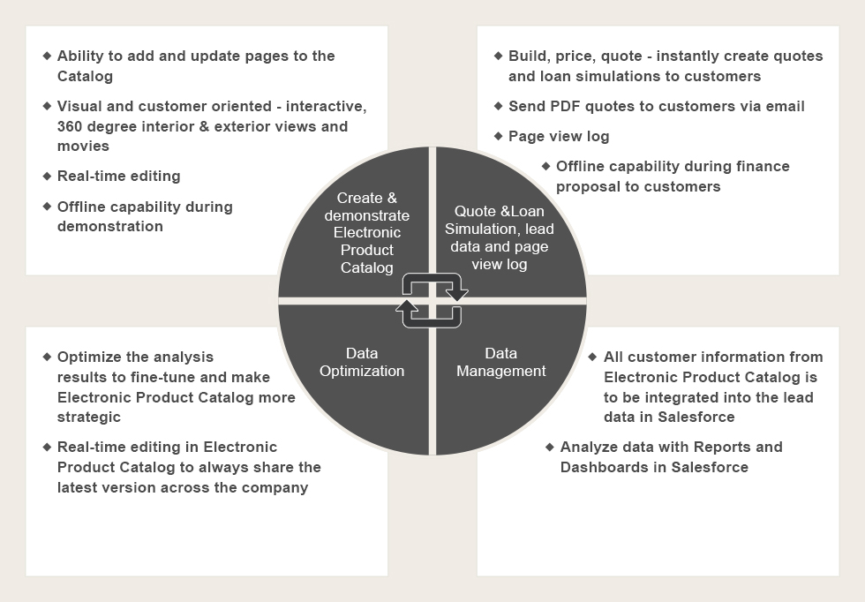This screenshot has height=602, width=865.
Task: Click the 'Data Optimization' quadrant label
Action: [362, 362]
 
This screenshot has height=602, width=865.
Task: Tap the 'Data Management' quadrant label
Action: [501, 362]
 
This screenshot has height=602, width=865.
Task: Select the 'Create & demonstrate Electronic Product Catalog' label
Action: [367, 232]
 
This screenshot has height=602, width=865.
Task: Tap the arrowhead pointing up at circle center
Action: [407, 307]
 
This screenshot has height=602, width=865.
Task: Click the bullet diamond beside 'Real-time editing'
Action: [47, 176]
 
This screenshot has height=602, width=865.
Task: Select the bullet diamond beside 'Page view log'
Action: [498, 136]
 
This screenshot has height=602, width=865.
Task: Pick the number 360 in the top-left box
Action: [70, 126]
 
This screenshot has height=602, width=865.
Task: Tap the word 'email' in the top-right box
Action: [784, 106]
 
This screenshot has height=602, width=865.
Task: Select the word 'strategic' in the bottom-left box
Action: [89, 418]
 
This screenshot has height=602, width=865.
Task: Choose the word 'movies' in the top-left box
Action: [83, 147]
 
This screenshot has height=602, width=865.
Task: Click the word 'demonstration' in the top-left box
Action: [110, 226]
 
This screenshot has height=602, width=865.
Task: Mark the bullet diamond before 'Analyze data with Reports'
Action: [549, 447]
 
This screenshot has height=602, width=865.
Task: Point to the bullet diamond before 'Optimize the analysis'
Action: [47, 357]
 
